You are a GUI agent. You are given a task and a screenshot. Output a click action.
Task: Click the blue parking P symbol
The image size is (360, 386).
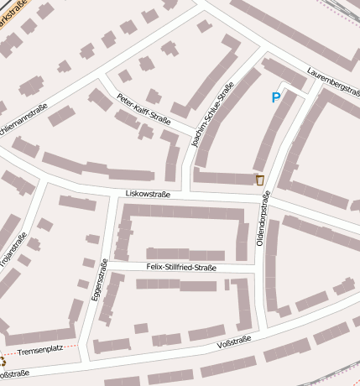[276, 97]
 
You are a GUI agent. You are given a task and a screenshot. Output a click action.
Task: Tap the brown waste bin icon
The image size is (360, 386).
[259, 180]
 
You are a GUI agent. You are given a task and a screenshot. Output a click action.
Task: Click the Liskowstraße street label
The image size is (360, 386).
[148, 194]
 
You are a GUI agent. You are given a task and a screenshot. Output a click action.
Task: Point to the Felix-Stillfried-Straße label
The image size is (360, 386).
[181, 268]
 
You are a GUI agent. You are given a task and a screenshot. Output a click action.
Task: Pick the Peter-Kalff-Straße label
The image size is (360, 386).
[143, 107]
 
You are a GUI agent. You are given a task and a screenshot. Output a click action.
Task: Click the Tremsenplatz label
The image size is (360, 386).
[39, 351]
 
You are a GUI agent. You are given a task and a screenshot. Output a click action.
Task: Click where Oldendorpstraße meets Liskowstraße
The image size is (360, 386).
[269, 198]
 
